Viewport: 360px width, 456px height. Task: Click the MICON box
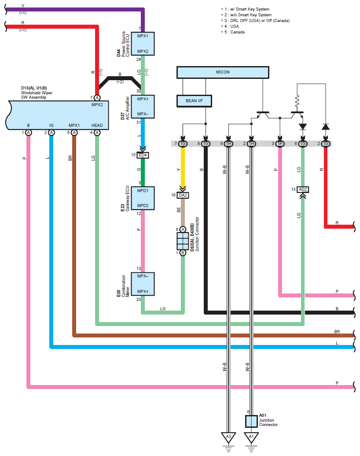(222, 72)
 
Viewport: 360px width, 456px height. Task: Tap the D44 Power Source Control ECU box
(143, 44)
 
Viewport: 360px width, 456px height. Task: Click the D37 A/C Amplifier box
(143, 107)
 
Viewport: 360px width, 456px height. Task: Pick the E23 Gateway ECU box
(143, 198)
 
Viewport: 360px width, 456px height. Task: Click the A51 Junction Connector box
(251, 421)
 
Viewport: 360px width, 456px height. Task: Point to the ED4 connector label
(143, 155)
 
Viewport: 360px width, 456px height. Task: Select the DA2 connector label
(183, 195)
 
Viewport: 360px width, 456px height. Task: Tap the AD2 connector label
(302, 189)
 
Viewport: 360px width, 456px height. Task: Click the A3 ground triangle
(228, 437)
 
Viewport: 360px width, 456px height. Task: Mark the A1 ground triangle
(251, 437)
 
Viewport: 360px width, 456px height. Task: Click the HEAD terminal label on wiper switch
(97, 126)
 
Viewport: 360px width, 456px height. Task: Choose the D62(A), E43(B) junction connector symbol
(183, 241)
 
